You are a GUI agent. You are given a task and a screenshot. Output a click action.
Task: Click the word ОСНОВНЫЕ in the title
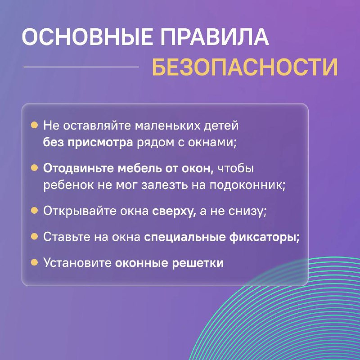click(x=87, y=37)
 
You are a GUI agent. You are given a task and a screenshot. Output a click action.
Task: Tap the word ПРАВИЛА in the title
click(x=215, y=37)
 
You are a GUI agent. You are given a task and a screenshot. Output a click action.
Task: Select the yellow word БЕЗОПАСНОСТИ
click(x=245, y=67)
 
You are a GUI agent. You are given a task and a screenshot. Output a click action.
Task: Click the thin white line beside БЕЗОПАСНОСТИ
click(x=81, y=67)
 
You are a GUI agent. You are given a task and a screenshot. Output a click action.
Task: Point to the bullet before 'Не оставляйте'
click(x=34, y=125)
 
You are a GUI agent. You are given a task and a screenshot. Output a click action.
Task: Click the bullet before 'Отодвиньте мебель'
click(x=34, y=167)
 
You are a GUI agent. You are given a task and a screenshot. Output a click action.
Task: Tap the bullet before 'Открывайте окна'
click(x=34, y=210)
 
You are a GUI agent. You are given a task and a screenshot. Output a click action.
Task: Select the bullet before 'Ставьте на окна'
click(x=34, y=236)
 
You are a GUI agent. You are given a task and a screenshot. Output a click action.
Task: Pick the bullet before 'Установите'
click(x=34, y=262)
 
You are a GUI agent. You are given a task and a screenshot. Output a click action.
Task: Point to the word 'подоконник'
click(x=247, y=185)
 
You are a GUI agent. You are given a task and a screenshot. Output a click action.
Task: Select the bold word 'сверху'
click(x=174, y=211)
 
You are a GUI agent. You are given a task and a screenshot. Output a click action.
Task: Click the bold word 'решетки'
click(x=198, y=263)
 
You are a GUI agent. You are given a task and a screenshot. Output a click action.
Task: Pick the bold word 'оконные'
click(x=142, y=263)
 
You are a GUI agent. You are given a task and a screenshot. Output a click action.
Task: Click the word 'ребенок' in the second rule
click(x=69, y=185)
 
